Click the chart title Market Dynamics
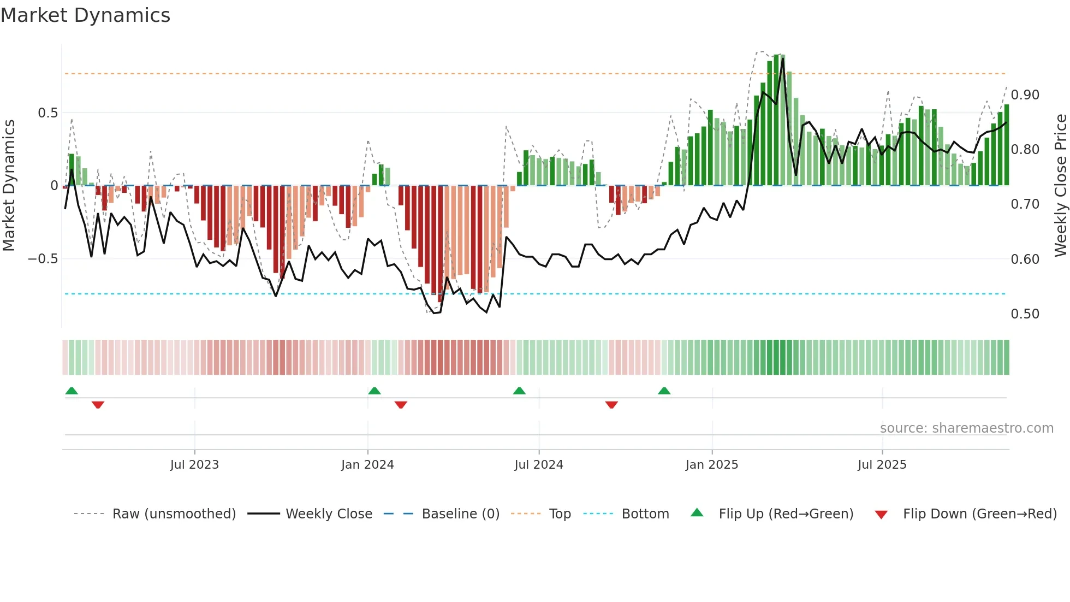tap(85, 15)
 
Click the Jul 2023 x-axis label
tap(194, 465)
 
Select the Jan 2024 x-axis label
tap(367, 465)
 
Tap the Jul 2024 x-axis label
tap(539, 465)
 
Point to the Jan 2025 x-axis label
tap(712, 465)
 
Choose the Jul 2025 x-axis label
tap(882, 465)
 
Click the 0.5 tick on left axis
tap(47, 113)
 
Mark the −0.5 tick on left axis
tap(43, 259)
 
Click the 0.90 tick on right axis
tap(1025, 95)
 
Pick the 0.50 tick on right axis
tap(1025, 314)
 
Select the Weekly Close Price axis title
tap(1060, 186)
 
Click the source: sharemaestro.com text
tap(966, 428)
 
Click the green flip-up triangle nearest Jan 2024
tap(374, 391)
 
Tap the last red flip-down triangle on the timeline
tap(611, 405)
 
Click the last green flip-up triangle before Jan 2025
tap(664, 391)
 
